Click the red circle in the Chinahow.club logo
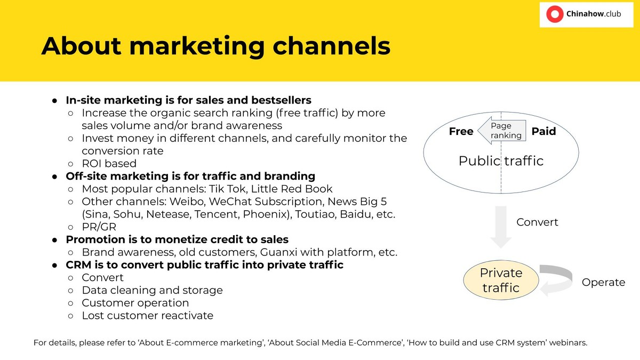pyautogui.click(x=555, y=14)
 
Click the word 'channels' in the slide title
pyautogui.click(x=331, y=46)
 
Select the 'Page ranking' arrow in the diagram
pyautogui.click(x=502, y=131)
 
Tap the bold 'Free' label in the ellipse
pyautogui.click(x=461, y=131)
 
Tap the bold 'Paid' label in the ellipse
pyautogui.click(x=543, y=131)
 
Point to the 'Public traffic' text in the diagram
pyautogui.click(x=501, y=161)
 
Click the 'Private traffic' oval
pyautogui.click(x=501, y=280)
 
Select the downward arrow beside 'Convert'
pyautogui.click(x=501, y=227)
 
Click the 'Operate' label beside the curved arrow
pyautogui.click(x=603, y=282)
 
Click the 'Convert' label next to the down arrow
pyautogui.click(x=537, y=222)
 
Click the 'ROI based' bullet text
pyautogui.click(x=109, y=164)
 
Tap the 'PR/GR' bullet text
pyautogui.click(x=99, y=227)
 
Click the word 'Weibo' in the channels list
pyautogui.click(x=187, y=202)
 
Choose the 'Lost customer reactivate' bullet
pyautogui.click(x=147, y=316)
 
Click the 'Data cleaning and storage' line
pyautogui.click(x=153, y=290)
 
